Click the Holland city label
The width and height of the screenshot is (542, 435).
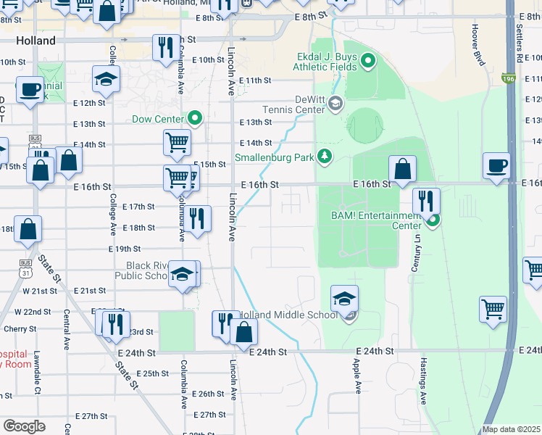pos(35,41)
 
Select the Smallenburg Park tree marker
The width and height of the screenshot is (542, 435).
pos(325,156)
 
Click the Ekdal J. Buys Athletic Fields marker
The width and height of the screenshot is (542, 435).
pos(367,61)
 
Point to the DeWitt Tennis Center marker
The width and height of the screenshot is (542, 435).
pos(335,104)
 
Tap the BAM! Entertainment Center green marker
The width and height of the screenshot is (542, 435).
pos(433,220)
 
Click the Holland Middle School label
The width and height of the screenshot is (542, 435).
pos(288,315)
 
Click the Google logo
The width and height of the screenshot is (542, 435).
pos(25,426)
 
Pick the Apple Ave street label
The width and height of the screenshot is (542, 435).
pos(357,376)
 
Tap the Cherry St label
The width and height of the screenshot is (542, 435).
pos(14,329)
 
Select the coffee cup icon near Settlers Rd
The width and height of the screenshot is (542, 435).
pos(497,165)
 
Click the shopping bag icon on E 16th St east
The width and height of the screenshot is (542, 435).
pos(402,169)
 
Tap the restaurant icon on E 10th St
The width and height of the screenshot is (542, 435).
pos(164,47)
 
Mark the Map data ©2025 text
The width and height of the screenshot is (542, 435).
pos(510,429)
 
